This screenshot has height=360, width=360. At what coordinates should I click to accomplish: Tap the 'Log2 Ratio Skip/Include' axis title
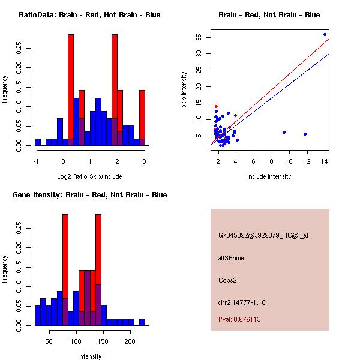coord(89,176)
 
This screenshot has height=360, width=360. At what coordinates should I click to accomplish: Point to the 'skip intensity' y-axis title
coord(185,90)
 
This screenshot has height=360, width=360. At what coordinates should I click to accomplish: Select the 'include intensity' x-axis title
coord(269,176)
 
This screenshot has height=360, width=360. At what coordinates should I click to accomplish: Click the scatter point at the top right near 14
coord(325,34)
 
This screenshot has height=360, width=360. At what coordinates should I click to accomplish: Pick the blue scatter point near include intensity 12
coord(305,134)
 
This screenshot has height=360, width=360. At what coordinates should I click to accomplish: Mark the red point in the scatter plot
coord(216,106)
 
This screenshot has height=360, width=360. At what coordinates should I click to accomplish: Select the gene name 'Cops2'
coord(227,280)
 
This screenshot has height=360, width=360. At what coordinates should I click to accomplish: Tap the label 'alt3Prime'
coord(231,259)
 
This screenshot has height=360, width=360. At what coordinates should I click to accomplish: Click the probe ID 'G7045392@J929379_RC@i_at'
coord(263,236)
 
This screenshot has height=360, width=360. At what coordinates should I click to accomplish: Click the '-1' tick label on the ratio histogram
coord(37,161)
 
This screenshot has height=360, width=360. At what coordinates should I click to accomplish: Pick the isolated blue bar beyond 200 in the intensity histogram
coord(142,322)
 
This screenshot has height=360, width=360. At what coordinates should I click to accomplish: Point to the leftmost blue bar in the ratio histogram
coord(37,142)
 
